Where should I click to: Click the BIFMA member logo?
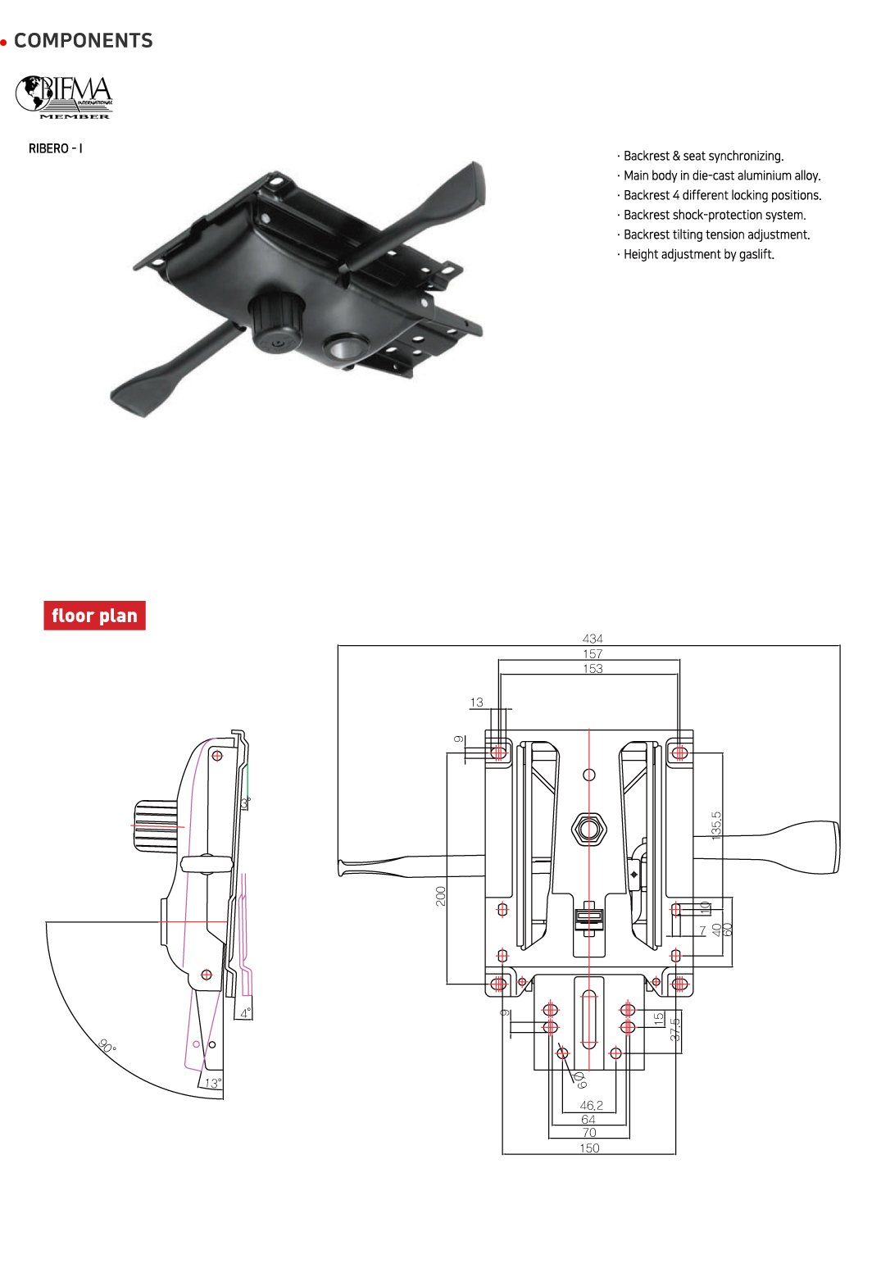[64, 98]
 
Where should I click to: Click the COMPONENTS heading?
[83, 41]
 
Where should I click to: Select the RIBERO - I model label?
[55, 148]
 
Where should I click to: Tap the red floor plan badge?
[94, 616]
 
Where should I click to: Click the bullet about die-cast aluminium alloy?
[721, 175]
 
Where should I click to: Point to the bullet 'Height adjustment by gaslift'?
[698, 254]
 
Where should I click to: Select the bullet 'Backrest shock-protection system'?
[714, 215]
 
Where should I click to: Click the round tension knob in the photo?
[276, 324]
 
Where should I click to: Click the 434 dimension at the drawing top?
[593, 639]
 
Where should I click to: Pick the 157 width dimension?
[593, 653]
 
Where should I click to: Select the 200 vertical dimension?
[441, 896]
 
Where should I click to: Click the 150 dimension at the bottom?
[589, 1148]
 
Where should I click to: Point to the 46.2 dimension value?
[591, 1105]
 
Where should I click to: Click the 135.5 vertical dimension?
[716, 825]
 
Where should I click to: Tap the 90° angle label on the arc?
[107, 1046]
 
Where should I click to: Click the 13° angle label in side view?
[212, 1083]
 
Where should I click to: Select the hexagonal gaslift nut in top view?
[588, 830]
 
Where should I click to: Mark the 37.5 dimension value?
[674, 1030]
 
